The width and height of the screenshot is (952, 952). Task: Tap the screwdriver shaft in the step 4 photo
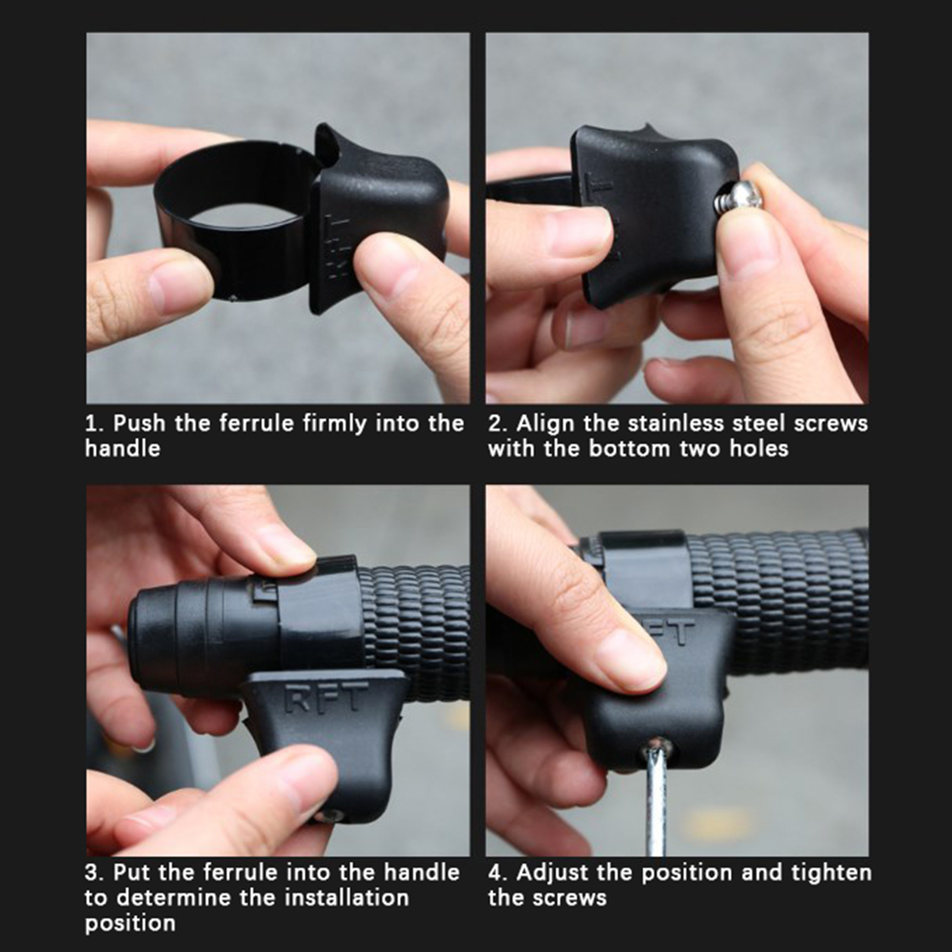click(x=656, y=803)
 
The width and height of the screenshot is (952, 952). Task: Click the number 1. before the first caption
click(x=93, y=424)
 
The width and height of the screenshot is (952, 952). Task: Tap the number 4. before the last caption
click(x=498, y=873)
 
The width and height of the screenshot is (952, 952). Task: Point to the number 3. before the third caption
click(x=94, y=873)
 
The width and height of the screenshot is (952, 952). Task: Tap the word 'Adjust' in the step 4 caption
click(x=553, y=873)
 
